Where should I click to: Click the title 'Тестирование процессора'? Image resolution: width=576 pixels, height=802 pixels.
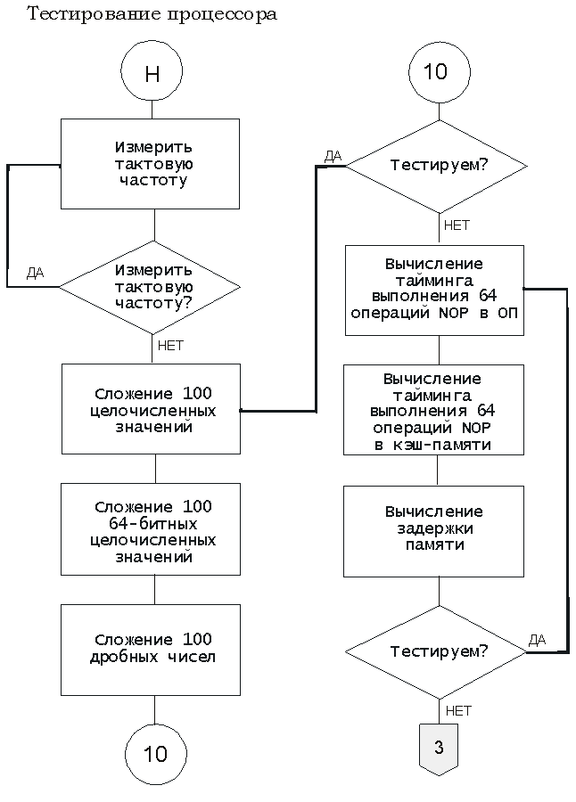coord(152,15)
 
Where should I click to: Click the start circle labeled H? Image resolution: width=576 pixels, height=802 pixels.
coord(152,73)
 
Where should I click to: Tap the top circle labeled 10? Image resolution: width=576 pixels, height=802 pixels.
coord(437,72)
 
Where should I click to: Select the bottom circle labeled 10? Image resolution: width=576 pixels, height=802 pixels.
coord(155,755)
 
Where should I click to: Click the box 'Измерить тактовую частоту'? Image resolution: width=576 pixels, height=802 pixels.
coord(150,164)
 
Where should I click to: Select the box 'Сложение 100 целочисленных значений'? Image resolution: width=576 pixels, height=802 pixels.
coord(152,409)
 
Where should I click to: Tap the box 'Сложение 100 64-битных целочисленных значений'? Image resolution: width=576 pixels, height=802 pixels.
coord(152,531)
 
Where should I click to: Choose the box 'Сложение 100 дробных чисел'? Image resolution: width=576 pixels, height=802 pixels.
coord(152,650)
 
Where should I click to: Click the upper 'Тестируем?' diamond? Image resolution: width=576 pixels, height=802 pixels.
coord(437,166)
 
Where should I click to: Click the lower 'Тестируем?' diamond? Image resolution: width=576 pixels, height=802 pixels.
coord(437,652)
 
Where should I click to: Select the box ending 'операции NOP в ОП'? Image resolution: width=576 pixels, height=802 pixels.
coord(434,290)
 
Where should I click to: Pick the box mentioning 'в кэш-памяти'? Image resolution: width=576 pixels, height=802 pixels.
coord(434,411)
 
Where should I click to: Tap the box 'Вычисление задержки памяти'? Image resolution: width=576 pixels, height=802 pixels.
coord(434,528)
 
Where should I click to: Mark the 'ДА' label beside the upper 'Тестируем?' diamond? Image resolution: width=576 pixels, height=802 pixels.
coord(333,156)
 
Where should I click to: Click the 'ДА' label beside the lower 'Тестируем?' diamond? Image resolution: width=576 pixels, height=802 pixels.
coord(537,640)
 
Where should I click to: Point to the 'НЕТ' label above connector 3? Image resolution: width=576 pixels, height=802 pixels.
coord(457,711)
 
